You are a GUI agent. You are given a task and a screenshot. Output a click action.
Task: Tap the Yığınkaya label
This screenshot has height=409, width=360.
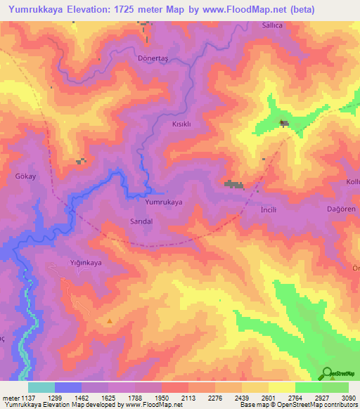[86, 263]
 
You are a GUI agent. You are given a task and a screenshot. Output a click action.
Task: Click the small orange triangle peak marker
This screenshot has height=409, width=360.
[110, 321]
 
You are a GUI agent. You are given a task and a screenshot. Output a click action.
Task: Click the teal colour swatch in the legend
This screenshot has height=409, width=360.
[41, 387]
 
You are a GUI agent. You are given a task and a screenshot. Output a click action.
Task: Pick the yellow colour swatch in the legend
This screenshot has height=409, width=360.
[281, 387]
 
